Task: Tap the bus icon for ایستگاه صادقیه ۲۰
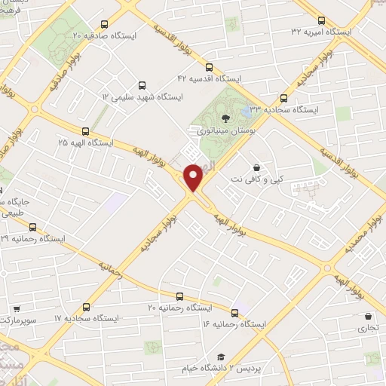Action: [103, 24]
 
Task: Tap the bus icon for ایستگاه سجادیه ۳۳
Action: [284, 98]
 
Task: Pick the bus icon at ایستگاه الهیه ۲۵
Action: [85, 130]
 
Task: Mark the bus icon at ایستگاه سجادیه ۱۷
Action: [86, 307]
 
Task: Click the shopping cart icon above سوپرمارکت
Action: [17, 308]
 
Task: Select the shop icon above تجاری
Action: [368, 317]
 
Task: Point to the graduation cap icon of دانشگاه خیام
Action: [221, 357]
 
